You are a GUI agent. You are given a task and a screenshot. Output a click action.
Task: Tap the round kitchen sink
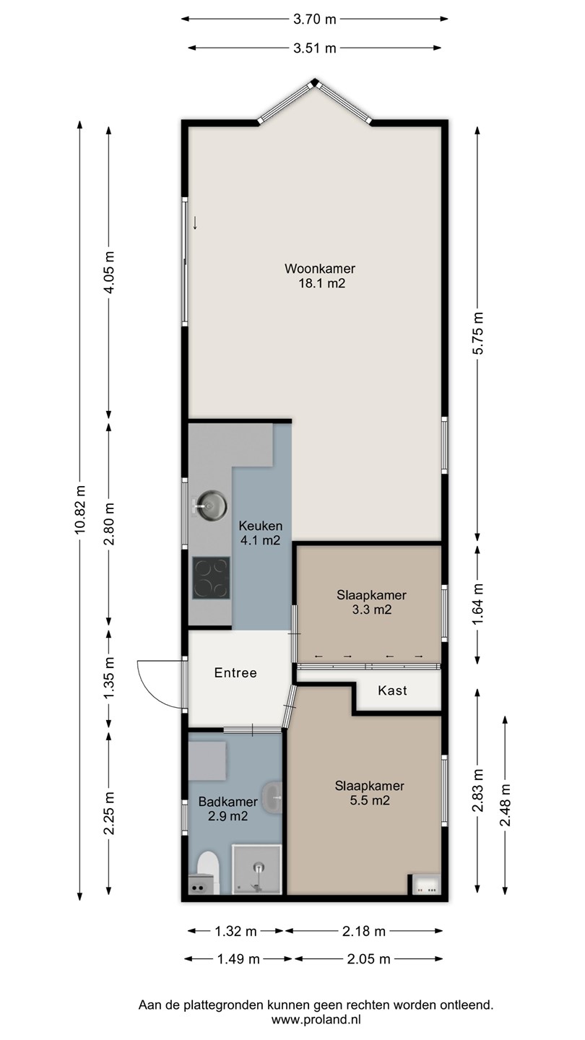(x=212, y=505)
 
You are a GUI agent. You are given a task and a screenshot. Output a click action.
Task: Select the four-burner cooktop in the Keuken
(x=211, y=578)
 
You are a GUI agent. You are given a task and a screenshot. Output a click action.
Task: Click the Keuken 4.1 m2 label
(x=261, y=532)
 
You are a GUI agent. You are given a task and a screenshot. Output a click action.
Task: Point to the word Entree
(x=235, y=673)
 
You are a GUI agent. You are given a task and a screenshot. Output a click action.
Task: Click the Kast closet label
(x=392, y=690)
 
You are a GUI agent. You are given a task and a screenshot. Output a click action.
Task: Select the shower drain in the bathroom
(x=259, y=867)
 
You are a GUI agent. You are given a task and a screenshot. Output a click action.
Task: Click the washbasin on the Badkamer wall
(x=272, y=797)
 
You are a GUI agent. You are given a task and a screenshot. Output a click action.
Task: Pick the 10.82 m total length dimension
(x=80, y=509)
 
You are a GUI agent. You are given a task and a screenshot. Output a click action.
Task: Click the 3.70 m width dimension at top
(x=314, y=19)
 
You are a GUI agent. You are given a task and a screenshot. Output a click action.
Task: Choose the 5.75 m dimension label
(x=478, y=334)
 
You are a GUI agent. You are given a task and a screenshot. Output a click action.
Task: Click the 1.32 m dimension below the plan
(x=236, y=931)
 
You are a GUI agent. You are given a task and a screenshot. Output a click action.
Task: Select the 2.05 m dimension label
(x=368, y=959)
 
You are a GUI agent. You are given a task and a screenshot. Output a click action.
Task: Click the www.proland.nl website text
(x=316, y=1020)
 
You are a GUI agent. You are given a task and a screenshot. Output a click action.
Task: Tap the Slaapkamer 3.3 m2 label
(x=371, y=602)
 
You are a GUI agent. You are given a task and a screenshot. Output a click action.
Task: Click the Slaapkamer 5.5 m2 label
(x=370, y=793)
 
